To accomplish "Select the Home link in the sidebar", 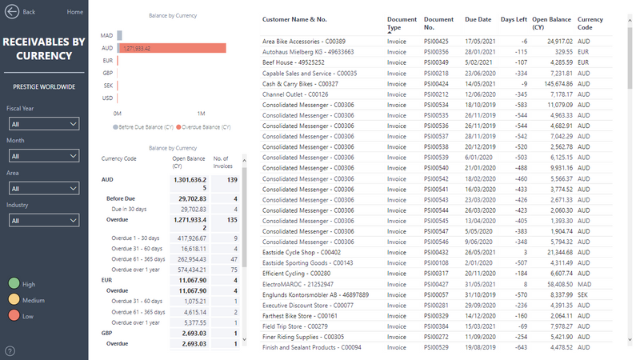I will pyautogui.click(x=75, y=12).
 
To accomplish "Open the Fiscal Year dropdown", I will pyautogui.click(x=44, y=124).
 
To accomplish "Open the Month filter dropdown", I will pyautogui.click(x=44, y=156).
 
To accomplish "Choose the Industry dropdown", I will pyautogui.click(x=44, y=220).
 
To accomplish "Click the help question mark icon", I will pyautogui.click(x=10, y=350).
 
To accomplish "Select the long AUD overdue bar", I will pyautogui.click(x=168, y=48).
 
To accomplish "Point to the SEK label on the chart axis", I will pyautogui.click(x=107, y=85).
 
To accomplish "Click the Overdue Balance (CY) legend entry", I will pyautogui.click(x=206, y=126).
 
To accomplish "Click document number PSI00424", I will pyautogui.click(x=436, y=83).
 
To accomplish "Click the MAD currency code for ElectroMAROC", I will pyautogui.click(x=584, y=283).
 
